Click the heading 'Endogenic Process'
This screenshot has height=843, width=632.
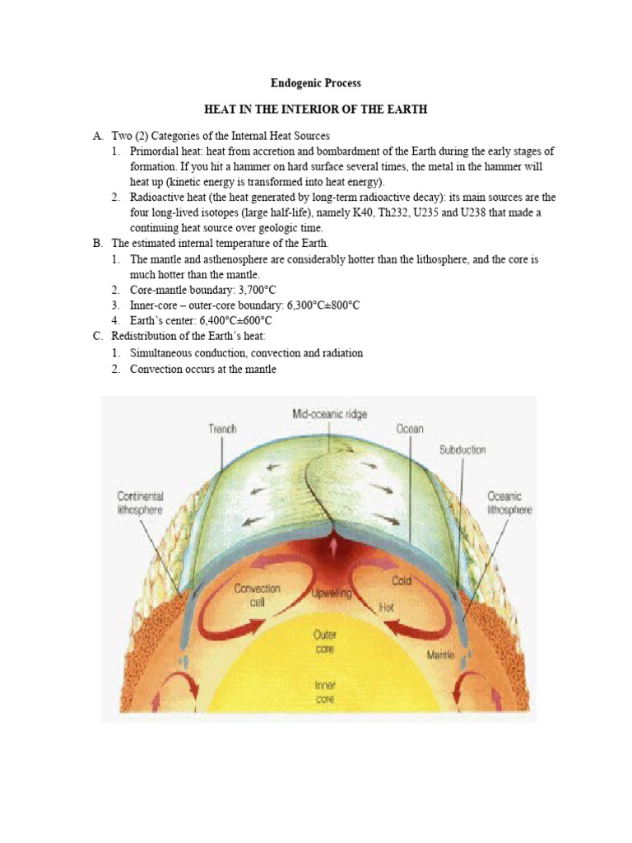tap(316, 83)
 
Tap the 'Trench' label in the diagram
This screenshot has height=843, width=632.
tap(221, 428)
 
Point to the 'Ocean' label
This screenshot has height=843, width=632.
tap(409, 428)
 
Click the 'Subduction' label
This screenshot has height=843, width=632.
tap(462, 449)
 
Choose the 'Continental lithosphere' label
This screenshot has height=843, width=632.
tap(140, 503)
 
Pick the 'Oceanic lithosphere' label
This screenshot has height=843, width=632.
tap(510, 503)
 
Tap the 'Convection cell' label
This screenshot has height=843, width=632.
tap(258, 594)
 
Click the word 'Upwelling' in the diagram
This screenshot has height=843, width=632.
tap(332, 593)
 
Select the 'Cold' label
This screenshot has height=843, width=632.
tap(401, 580)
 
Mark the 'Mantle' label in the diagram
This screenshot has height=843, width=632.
tap(441, 655)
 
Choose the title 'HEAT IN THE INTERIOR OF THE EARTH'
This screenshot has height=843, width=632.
tap(316, 109)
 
